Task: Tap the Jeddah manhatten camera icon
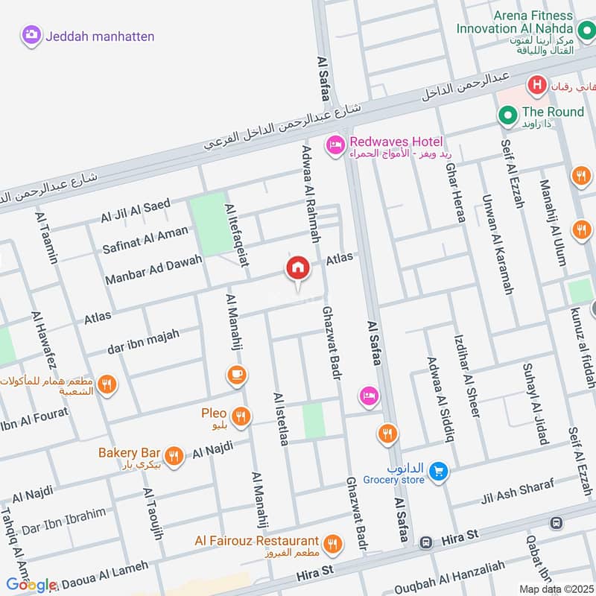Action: [31, 34]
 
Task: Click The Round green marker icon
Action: [508, 114]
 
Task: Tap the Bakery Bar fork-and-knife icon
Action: [174, 455]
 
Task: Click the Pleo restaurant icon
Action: [239, 416]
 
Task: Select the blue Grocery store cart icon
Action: [438, 471]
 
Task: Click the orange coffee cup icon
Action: [238, 375]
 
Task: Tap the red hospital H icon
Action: [535, 86]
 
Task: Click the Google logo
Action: [31, 585]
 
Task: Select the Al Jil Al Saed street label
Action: [136, 211]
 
